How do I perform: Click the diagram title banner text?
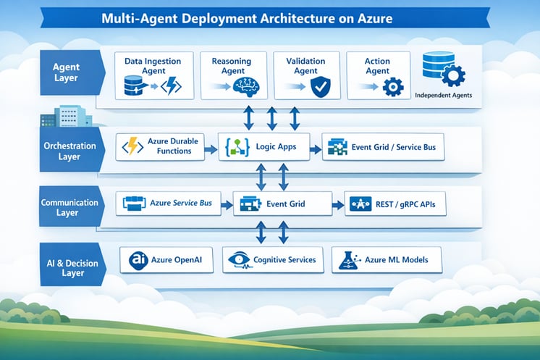pos(247,18)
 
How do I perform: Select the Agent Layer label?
pos(66,72)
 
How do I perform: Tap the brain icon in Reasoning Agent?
pos(245,86)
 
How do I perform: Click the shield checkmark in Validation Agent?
pos(320,87)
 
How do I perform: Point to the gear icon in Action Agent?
pos(393,87)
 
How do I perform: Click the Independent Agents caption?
pos(443,95)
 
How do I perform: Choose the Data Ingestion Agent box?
pos(154,76)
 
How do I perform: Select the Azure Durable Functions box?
pos(160,147)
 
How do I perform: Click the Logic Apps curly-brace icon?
pos(237,148)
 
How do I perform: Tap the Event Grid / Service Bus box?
pos(383,147)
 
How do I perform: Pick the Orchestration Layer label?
pos(69,151)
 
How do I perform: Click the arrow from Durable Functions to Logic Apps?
pos(211,149)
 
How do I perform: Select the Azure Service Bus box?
pos(169,204)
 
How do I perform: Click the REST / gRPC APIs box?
pos(395,204)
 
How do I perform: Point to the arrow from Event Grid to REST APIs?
pos(338,205)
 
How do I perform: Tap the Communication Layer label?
pos(69,207)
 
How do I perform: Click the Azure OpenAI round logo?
pos(138,260)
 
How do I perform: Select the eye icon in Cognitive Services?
pos(239,260)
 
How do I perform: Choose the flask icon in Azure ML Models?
pos(349,260)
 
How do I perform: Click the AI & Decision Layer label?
pos(72,268)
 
